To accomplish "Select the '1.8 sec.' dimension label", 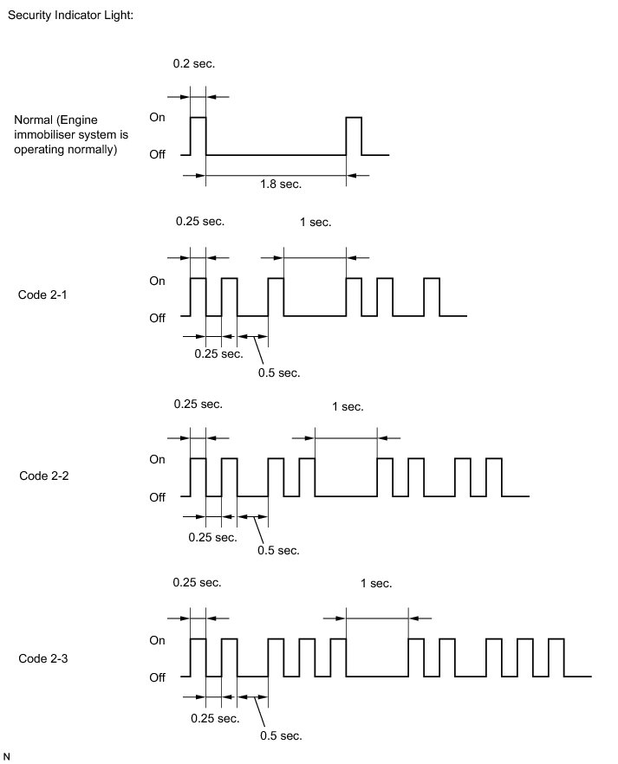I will [x=281, y=185].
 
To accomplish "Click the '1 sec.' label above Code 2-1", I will [x=316, y=223].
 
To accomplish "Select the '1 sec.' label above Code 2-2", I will [x=348, y=406].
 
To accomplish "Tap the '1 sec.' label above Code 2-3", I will [x=376, y=584].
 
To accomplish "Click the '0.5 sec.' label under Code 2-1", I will [x=279, y=372].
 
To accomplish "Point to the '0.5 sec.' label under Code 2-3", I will [x=281, y=735].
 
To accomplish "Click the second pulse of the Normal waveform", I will [x=354, y=136].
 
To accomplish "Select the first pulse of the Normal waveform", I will [x=198, y=136].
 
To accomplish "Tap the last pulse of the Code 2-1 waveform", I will [x=432, y=297].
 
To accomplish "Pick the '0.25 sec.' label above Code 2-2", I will [x=198, y=405].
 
